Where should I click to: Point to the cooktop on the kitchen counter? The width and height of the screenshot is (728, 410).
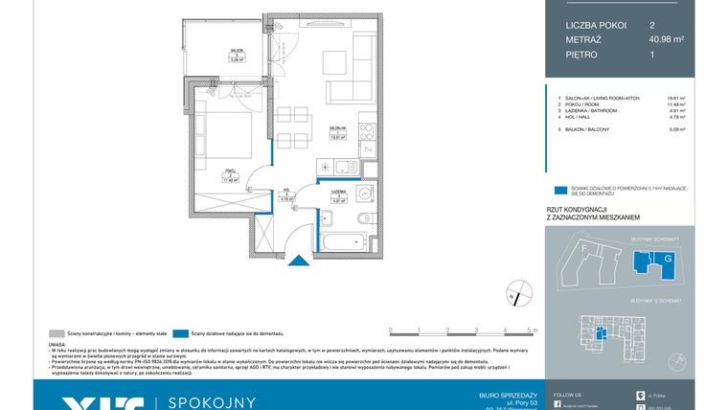coord(367,127)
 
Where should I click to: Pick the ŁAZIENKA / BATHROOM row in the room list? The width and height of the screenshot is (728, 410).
coord(599,110)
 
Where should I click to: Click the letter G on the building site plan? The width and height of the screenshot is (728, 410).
coord(668,259)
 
